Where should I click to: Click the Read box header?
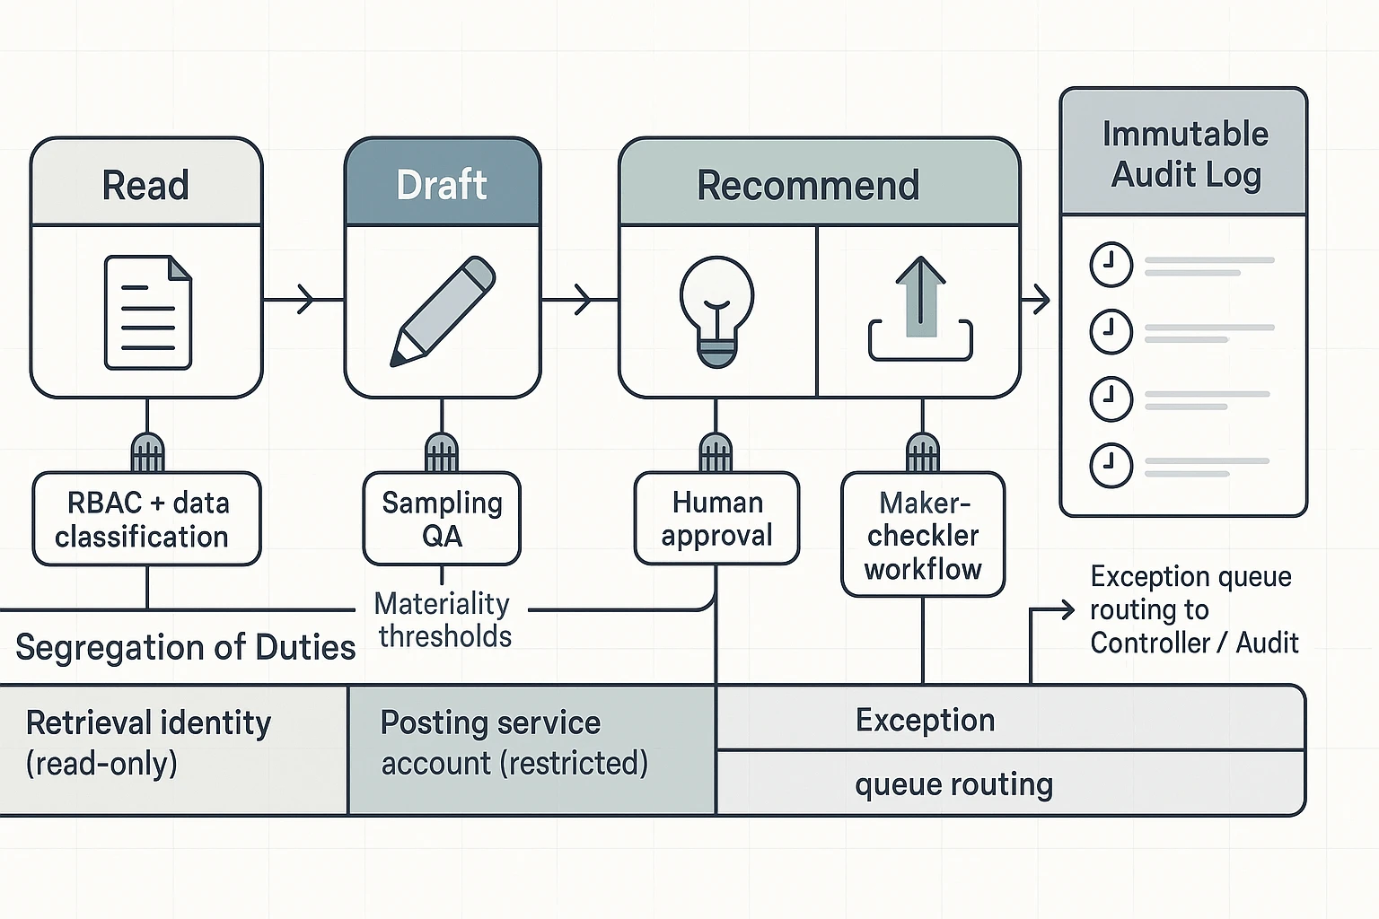point(146,184)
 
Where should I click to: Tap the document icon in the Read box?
point(148,311)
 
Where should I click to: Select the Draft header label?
point(442,184)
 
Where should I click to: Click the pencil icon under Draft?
point(443,311)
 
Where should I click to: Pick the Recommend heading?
point(808,185)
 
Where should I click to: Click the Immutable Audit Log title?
point(1185,153)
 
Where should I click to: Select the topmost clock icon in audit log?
point(1111,265)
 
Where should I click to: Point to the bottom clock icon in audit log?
point(1111,466)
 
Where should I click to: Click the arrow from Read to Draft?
point(303,299)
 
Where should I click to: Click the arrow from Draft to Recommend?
point(579,299)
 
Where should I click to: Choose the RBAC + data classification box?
point(146,519)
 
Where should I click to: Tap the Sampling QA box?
point(442,519)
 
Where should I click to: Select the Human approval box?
point(716,519)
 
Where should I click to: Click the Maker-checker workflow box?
point(923,535)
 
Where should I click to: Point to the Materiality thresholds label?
point(443,619)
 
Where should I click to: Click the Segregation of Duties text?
point(186,647)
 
